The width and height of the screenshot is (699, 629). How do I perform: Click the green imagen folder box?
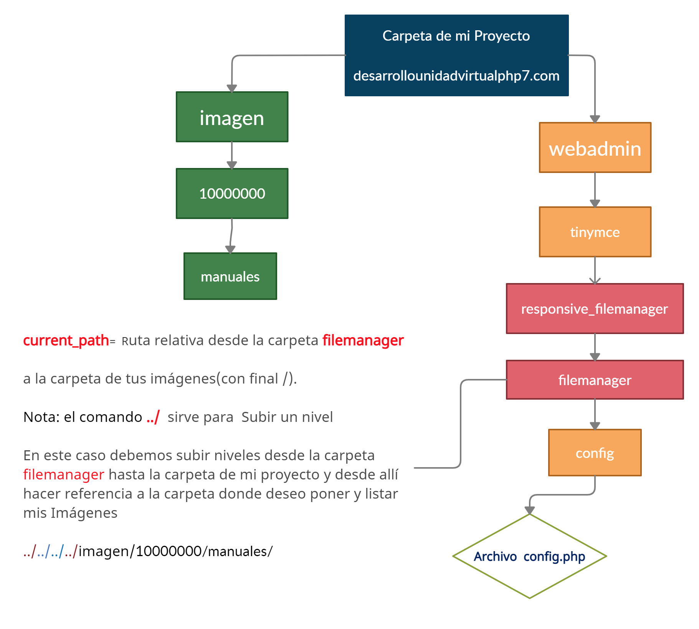pyautogui.click(x=232, y=117)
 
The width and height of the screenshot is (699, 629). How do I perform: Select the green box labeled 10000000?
pyautogui.click(x=232, y=194)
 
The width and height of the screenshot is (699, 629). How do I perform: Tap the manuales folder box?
pyautogui.click(x=230, y=276)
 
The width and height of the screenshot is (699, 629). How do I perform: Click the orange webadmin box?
pyautogui.click(x=595, y=148)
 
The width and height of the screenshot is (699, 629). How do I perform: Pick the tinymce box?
pyautogui.click(x=595, y=232)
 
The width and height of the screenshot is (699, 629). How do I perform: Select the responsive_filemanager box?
pyautogui.click(x=595, y=309)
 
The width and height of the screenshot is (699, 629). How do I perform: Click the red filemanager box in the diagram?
pyautogui.click(x=595, y=380)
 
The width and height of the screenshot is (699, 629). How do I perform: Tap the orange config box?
pyautogui.click(x=595, y=453)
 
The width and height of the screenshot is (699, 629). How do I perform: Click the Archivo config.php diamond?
pyautogui.click(x=530, y=556)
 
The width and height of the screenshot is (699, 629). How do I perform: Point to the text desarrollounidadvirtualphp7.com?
pyautogui.click(x=456, y=76)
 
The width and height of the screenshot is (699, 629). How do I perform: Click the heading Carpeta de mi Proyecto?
pyautogui.click(x=456, y=36)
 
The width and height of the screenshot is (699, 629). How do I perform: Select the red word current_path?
pyautogui.click(x=66, y=341)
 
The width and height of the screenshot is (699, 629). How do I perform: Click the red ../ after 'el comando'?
pyautogui.click(x=153, y=417)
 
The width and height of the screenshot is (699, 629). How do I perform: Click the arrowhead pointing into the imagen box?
pyautogui.click(x=232, y=88)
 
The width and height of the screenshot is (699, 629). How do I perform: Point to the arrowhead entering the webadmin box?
pyautogui.click(x=595, y=119)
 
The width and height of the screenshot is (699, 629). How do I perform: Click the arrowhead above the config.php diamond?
pyautogui.click(x=530, y=510)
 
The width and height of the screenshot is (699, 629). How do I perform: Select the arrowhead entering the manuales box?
pyautogui.click(x=230, y=249)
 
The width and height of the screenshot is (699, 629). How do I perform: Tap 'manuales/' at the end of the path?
pyautogui.click(x=240, y=551)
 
